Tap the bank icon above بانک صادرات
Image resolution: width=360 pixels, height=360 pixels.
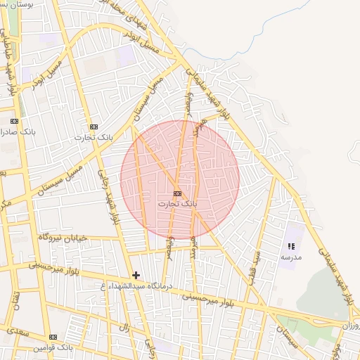[x=15, y=121]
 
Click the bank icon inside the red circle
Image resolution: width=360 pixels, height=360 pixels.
[x=176, y=193]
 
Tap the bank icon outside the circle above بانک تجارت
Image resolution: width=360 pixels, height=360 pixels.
[x=94, y=127]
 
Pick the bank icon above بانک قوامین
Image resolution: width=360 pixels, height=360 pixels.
[x=53, y=337]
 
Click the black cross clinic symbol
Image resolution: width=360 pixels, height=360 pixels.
[x=136, y=275]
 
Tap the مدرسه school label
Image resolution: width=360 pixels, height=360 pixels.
[x=290, y=257]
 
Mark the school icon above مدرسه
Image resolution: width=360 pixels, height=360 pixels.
[x=290, y=247]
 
